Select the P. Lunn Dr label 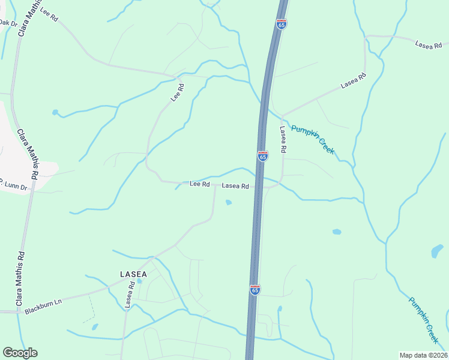[13, 184]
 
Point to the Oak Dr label [8, 23]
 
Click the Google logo [20, 353]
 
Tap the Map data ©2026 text [423, 355]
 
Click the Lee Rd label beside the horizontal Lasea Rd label [199, 184]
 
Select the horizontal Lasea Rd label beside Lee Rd [235, 186]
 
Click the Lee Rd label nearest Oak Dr [49, 16]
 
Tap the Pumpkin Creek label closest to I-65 [312, 139]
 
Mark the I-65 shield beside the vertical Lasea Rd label [262, 156]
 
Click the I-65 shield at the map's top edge [282, 24]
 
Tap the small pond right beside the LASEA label [140, 280]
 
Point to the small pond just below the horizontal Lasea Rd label [228, 202]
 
